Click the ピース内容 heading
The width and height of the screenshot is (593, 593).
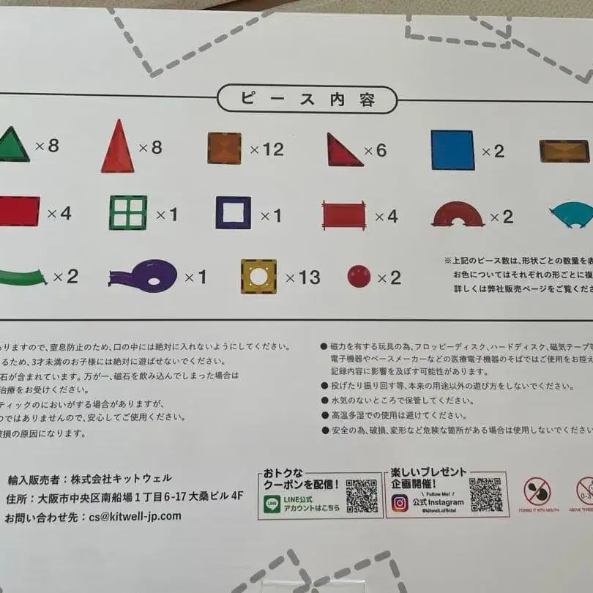307,100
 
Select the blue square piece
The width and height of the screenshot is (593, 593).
452,150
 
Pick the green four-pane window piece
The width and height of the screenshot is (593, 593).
128,212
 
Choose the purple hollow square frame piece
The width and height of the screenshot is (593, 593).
233,212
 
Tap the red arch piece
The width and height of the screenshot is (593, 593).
458,214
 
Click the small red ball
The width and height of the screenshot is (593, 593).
359,277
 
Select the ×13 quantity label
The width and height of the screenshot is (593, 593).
302,277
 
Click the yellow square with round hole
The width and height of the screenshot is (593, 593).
258,277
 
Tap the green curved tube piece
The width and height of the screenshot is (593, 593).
22,277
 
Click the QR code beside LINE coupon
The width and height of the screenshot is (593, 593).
362,496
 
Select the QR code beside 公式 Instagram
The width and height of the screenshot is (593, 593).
487,495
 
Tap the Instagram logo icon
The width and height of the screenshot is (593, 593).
400,503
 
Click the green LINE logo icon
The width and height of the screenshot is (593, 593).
272,504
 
